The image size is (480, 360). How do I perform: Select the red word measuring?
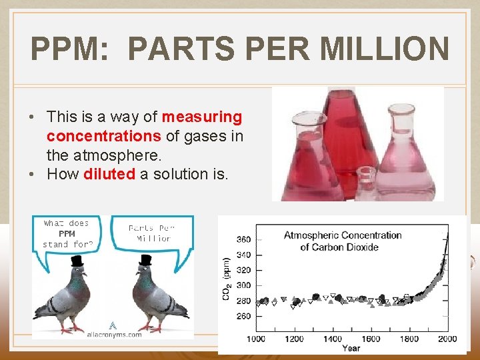202,117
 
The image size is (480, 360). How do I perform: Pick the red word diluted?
109,174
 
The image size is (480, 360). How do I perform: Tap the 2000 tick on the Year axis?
447,339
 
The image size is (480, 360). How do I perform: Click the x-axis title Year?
351,348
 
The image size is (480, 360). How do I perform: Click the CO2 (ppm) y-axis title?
227,278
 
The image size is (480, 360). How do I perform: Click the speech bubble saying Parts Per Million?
153,233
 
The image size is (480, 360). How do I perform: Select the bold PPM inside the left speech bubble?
67,234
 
